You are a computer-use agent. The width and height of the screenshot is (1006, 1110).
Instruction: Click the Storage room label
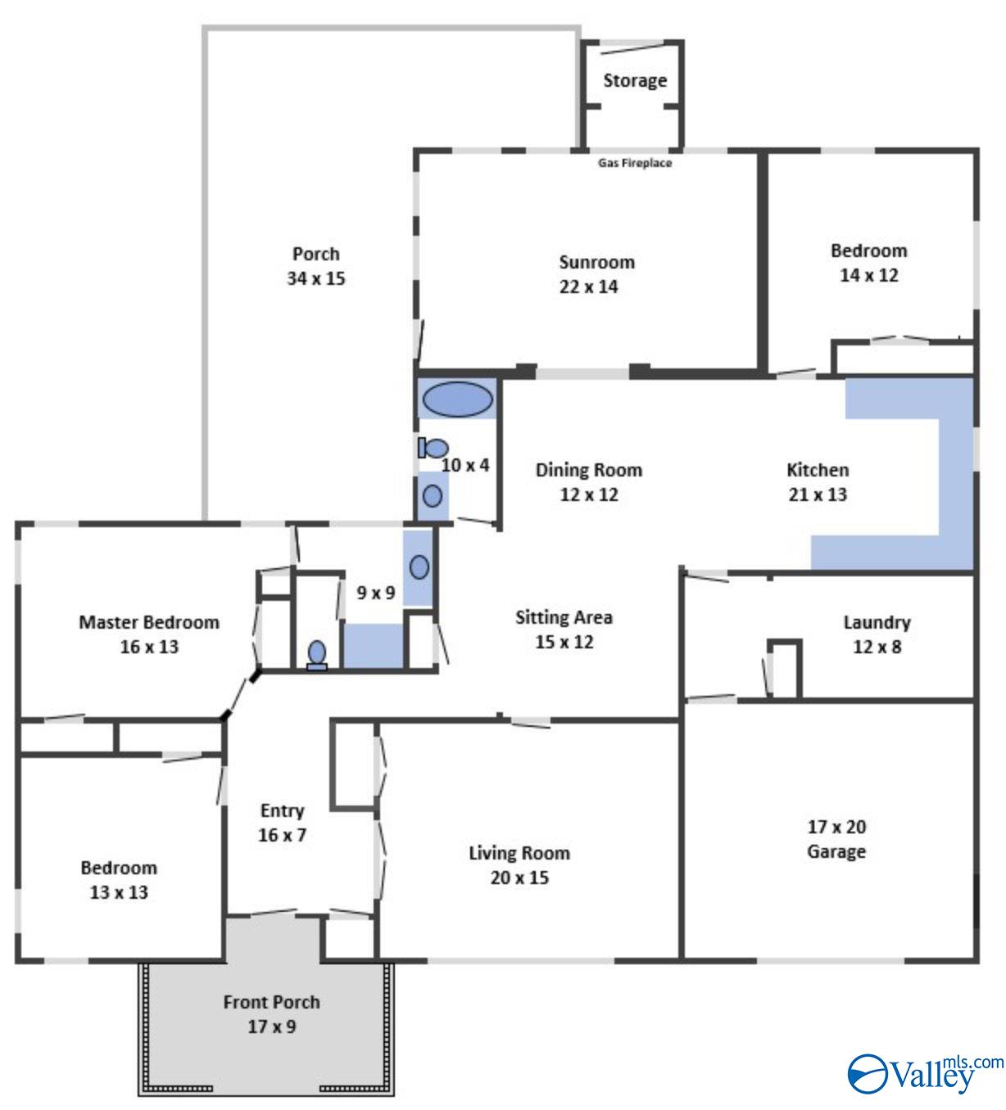click(x=635, y=80)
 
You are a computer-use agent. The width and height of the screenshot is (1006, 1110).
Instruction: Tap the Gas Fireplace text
click(x=635, y=163)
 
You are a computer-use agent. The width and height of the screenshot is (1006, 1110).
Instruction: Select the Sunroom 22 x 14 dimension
click(x=588, y=287)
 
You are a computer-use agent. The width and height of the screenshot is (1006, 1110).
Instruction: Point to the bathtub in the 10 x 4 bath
click(x=457, y=399)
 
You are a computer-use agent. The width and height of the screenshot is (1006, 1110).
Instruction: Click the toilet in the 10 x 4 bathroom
click(x=434, y=448)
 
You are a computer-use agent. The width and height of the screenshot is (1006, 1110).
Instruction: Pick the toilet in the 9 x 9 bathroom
click(x=317, y=654)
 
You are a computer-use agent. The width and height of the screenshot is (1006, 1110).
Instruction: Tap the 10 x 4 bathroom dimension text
click(x=465, y=465)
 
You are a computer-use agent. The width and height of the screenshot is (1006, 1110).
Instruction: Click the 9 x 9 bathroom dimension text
click(x=376, y=592)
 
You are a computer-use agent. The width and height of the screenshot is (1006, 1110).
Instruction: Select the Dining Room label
click(x=588, y=470)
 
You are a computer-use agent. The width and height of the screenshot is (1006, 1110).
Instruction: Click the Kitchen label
click(x=818, y=470)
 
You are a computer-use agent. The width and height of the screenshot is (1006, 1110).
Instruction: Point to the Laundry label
click(x=877, y=622)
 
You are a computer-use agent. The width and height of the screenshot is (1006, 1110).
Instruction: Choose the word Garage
click(x=836, y=851)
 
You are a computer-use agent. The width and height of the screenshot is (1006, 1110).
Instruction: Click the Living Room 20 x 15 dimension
click(x=519, y=878)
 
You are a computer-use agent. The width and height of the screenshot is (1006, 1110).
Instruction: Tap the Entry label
click(x=282, y=810)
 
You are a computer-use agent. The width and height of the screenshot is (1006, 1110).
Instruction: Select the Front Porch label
click(x=271, y=1002)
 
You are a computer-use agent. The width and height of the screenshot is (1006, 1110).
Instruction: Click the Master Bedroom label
click(x=149, y=622)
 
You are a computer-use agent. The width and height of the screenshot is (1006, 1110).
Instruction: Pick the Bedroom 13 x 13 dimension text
click(x=119, y=892)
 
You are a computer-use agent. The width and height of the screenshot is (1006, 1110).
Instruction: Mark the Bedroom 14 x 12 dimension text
click(x=868, y=275)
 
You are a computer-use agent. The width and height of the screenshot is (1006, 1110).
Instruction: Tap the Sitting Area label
click(x=564, y=617)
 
